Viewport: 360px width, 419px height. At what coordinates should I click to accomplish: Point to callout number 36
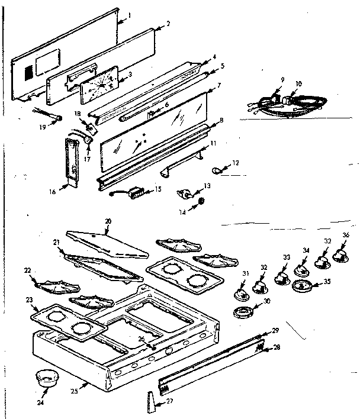(x=345, y=235)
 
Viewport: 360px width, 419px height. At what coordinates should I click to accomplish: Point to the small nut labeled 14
(x=201, y=203)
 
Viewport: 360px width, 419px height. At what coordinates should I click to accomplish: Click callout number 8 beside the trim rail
(x=221, y=121)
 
